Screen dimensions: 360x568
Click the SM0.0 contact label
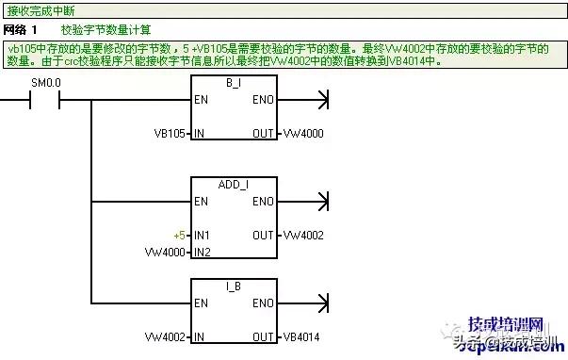click(46, 83)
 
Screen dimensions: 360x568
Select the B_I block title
click(234, 83)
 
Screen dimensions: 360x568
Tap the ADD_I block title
click(234, 186)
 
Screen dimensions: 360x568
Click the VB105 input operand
click(170, 134)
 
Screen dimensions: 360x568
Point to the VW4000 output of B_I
click(303, 134)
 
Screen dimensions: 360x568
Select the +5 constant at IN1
click(180, 235)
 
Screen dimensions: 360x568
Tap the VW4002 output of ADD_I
click(303, 235)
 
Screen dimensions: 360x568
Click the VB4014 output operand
click(303, 336)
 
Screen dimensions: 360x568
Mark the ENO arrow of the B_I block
click(324, 99)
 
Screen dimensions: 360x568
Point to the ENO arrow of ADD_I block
click(324, 201)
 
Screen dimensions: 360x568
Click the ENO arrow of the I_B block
click(324, 303)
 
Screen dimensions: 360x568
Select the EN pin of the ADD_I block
click(201, 201)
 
